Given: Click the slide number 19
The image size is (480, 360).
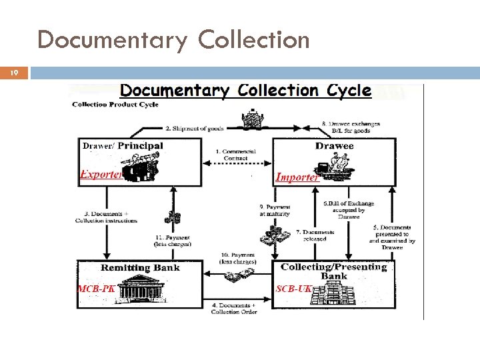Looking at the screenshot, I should (13, 73).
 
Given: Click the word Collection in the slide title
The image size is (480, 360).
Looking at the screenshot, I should (254, 40).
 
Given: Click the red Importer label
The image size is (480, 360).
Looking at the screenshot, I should (297, 177).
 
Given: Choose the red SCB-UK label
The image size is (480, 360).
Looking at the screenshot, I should (294, 289).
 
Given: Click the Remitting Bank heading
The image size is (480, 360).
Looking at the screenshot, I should (140, 268).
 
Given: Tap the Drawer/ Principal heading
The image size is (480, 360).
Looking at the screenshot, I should (123, 145).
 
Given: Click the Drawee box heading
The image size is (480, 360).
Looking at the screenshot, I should (335, 145).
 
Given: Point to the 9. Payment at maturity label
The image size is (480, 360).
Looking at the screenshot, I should (275, 211).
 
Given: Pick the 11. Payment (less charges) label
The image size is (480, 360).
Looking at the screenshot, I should (172, 241).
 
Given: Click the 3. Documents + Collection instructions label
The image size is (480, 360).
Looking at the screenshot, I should (107, 217).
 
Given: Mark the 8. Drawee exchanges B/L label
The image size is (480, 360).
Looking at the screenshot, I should (351, 127).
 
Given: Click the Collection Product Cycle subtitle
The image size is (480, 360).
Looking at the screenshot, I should (115, 105).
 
